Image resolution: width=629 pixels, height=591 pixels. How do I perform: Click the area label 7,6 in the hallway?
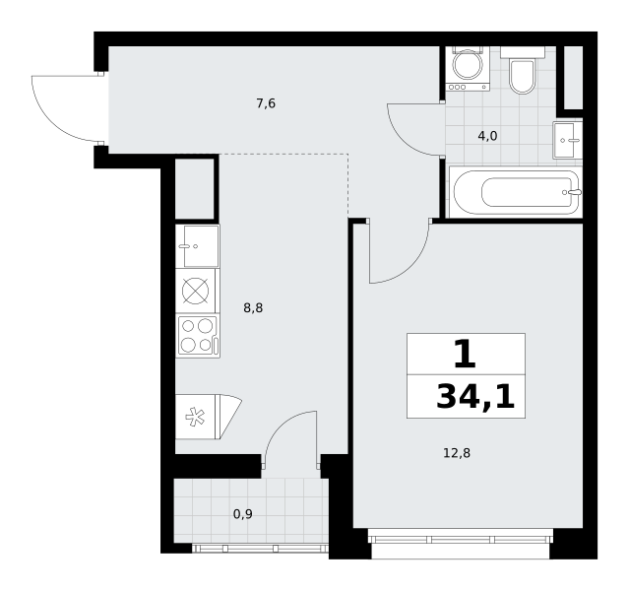[x=266, y=103]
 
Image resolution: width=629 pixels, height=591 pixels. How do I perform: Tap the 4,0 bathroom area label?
[x=487, y=136]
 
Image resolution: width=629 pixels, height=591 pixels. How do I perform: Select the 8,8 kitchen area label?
[x=253, y=308]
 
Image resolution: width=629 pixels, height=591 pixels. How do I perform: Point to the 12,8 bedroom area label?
[x=457, y=453]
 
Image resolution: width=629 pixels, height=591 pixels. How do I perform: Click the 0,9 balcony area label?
[x=243, y=514]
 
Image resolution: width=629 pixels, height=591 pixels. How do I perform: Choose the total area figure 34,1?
[x=475, y=397]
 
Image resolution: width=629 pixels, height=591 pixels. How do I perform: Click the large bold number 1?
[x=466, y=354]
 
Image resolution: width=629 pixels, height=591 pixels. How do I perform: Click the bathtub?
[x=516, y=192]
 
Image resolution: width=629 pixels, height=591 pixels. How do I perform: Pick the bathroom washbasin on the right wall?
[x=567, y=140]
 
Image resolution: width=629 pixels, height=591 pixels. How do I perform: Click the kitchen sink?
[x=198, y=246]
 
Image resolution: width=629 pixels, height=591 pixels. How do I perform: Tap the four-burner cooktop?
[x=198, y=336]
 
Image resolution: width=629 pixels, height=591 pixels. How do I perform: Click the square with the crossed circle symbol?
[x=195, y=292]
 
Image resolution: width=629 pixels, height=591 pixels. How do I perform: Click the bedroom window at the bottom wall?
[x=461, y=539]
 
